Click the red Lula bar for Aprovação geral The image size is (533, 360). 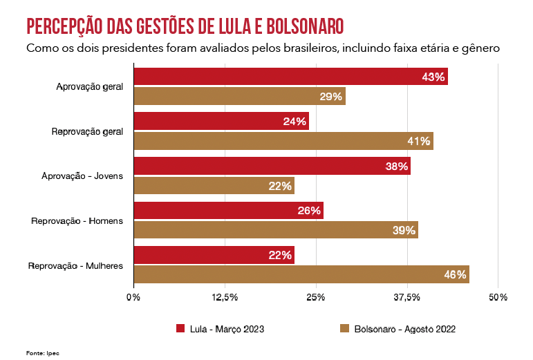(x=290, y=77)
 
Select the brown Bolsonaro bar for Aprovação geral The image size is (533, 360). (x=239, y=97)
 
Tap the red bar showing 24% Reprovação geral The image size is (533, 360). (x=221, y=121)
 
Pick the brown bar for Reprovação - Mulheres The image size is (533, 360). (x=301, y=274)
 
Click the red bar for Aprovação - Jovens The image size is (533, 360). (x=272, y=166)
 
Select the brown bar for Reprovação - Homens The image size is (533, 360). (x=275, y=230)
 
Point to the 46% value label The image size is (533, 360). (x=455, y=274)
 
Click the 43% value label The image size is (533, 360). (x=433, y=77)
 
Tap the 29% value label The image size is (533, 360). (x=330, y=97)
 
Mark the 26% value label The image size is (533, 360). (x=308, y=210)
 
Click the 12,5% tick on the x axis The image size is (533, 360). (x=225, y=297)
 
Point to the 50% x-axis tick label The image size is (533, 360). (x=498, y=297)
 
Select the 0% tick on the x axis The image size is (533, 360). (x=133, y=297)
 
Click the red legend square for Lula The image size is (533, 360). (x=181, y=329)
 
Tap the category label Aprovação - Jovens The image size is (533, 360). (x=82, y=176)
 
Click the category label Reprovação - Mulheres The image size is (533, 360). (x=75, y=265)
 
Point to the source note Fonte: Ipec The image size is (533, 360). (x=43, y=352)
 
